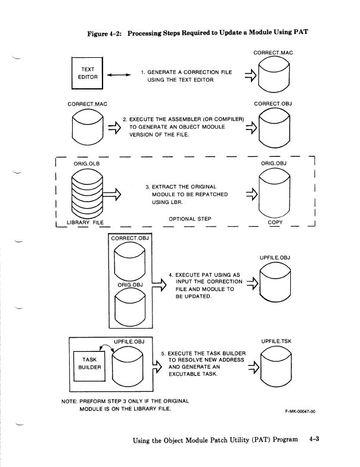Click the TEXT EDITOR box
(86, 74)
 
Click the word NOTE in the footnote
(70, 400)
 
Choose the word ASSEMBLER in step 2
(181, 119)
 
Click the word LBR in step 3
(185, 202)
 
